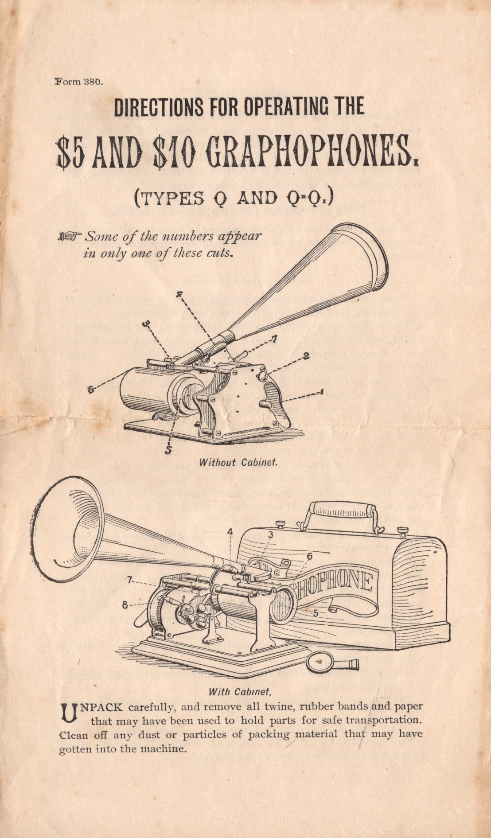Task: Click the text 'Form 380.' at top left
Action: point(78,82)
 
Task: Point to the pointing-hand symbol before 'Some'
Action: point(70,236)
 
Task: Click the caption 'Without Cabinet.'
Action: point(238,462)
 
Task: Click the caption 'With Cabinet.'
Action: point(239,691)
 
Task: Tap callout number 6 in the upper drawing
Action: point(90,390)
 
